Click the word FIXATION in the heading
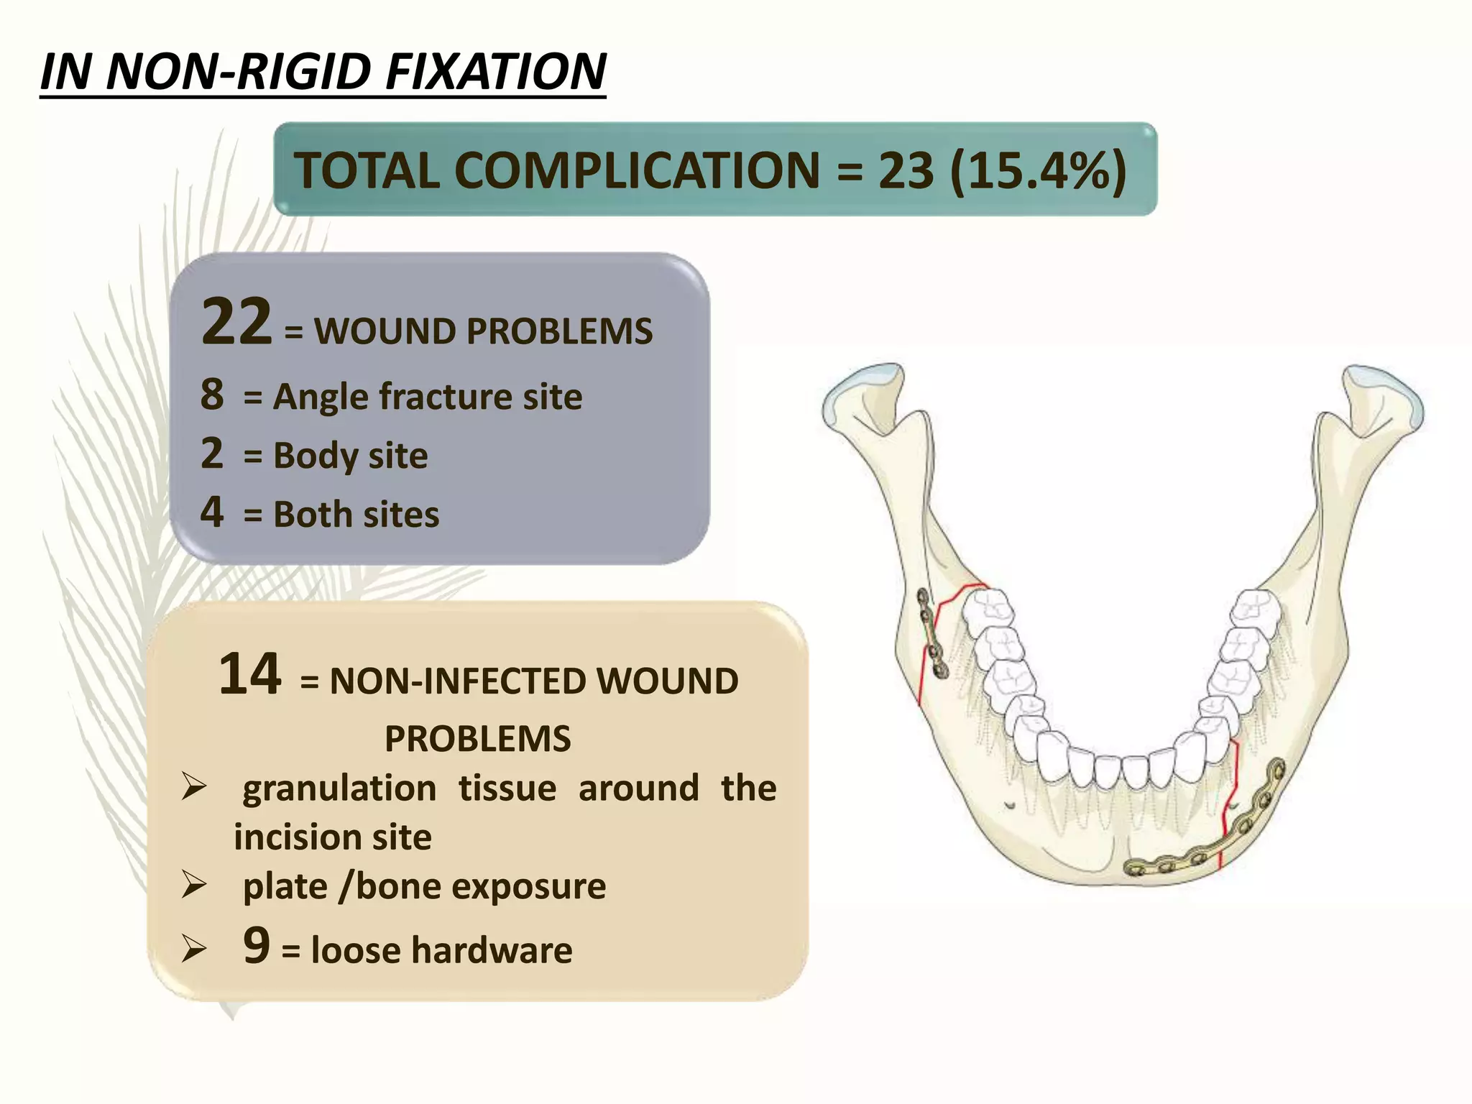click(496, 72)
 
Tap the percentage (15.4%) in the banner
click(1038, 170)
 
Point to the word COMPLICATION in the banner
click(637, 170)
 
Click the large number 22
click(236, 321)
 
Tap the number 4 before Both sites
click(212, 512)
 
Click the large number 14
click(249, 673)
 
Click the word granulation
click(339, 788)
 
